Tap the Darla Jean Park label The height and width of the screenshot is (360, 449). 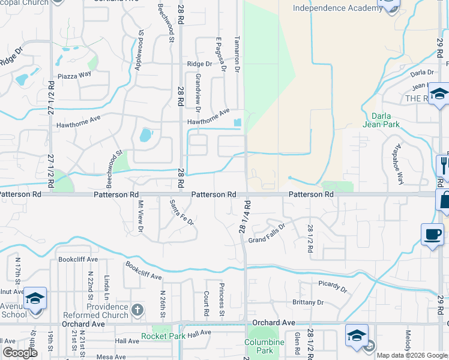pyautogui.click(x=381, y=120)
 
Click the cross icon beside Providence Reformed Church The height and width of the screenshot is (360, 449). pyautogui.click(x=137, y=310)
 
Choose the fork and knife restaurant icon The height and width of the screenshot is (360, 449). pyautogui.click(x=444, y=164)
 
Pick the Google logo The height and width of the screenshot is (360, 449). pyautogui.click(x=20, y=353)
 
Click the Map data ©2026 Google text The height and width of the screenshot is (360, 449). pyautogui.click(x=412, y=355)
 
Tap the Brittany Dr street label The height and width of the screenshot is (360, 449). pyautogui.click(x=307, y=302)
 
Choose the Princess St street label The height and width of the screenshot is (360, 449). pyautogui.click(x=221, y=299)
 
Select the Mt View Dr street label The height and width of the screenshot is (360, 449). pyautogui.click(x=141, y=216)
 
